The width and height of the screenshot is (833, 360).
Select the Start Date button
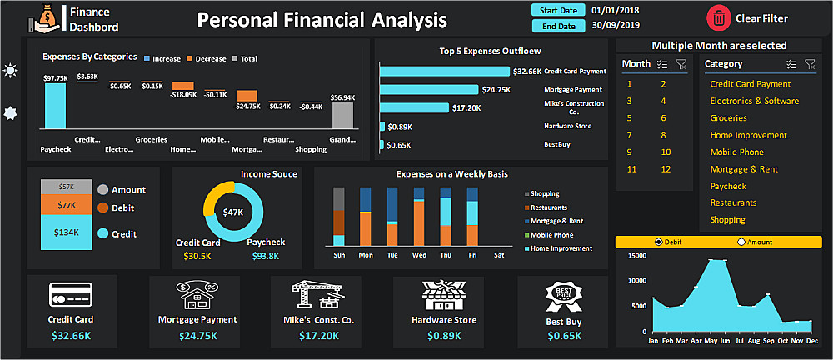point(558,10)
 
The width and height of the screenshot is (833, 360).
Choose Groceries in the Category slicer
point(728,118)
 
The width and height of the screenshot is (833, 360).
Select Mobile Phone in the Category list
point(736,152)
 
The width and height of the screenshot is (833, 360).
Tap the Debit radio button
point(660,242)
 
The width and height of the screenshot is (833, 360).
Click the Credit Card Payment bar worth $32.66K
point(445,72)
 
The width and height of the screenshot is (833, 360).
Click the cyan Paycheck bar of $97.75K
point(55,106)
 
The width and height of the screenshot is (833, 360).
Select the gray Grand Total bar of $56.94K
point(342,115)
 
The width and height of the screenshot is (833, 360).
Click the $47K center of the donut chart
point(233,212)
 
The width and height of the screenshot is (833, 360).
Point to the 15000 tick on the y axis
point(636,255)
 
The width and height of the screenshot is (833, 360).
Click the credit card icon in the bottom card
point(70,296)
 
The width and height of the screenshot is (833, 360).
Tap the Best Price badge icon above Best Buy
point(563,296)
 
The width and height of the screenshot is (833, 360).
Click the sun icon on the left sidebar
point(10,71)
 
